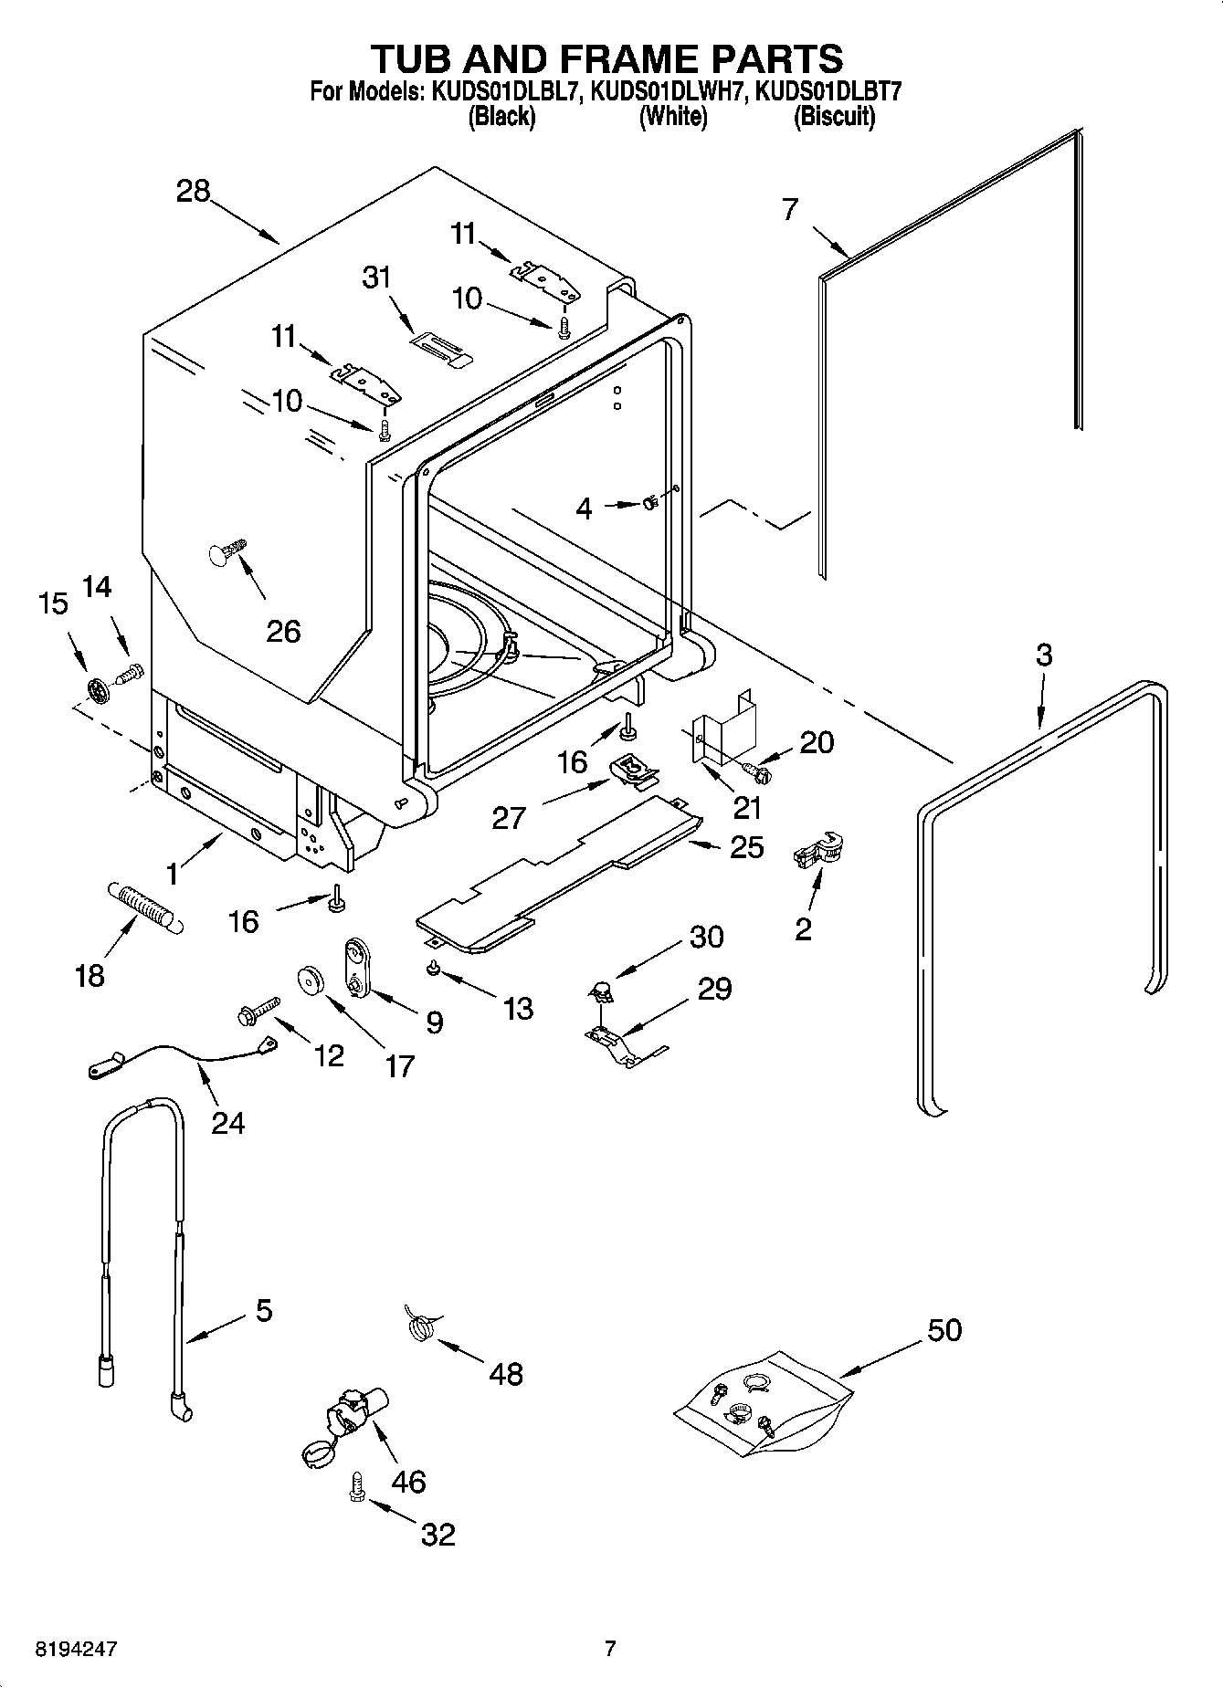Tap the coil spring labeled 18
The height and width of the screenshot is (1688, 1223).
coord(147,906)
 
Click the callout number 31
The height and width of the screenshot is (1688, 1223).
coord(376,277)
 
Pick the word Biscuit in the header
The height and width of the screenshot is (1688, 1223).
coord(834,117)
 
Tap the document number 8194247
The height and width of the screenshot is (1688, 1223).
coord(77,1649)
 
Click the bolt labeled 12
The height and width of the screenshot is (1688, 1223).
coord(257,1010)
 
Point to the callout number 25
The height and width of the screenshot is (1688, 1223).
coord(747,847)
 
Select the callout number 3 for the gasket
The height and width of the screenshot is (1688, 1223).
coord(1043,655)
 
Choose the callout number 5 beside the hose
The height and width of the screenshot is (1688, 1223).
coord(262,1311)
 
